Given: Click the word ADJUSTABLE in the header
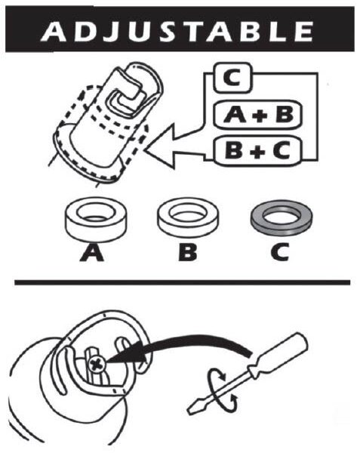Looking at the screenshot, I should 178,31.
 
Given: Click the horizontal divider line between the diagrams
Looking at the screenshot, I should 181,282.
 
